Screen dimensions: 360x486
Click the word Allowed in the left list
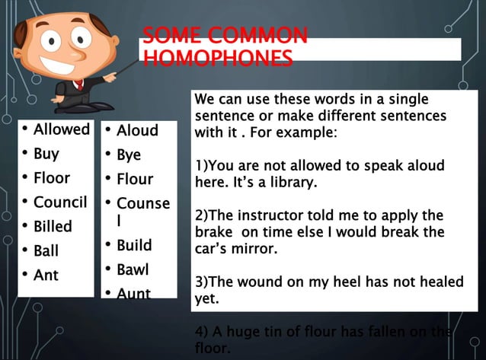62,129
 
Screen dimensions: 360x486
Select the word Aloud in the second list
137,130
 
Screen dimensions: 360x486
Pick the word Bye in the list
129,155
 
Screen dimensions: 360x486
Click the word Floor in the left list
52,177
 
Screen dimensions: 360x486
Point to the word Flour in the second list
135,179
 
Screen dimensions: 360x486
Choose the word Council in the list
60,202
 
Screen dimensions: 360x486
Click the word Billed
53,226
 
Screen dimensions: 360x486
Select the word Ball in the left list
46,250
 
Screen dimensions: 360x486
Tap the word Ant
46,275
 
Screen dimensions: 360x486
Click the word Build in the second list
134,245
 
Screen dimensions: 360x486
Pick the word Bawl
133,269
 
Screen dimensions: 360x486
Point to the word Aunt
133,293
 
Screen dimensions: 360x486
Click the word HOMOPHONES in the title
218,59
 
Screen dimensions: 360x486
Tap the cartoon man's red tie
80,83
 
